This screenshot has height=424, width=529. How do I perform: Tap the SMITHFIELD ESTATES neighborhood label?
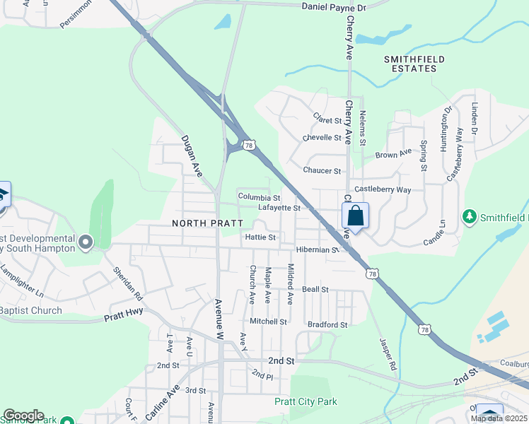[410, 64]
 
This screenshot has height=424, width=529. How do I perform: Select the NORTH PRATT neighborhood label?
[202, 223]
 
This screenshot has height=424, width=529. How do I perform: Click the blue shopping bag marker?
[355, 216]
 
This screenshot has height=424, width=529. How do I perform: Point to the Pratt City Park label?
[306, 401]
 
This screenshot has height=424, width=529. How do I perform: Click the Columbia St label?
[259, 197]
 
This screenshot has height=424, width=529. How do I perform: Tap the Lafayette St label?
[279, 208]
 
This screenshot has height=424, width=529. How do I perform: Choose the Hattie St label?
[260, 238]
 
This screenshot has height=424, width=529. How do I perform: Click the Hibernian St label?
[318, 250]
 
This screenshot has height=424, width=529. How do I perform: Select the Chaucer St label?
[322, 171]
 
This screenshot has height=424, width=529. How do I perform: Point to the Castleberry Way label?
[383, 189]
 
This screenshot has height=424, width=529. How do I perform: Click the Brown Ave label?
[393, 153]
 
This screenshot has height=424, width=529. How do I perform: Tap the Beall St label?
[315, 290]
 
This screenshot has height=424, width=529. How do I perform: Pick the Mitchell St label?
[268, 321]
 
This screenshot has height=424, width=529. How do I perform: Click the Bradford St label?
[327, 325]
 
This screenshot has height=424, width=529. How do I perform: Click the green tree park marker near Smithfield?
[467, 216]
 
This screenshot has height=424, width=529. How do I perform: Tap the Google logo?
[23, 416]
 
